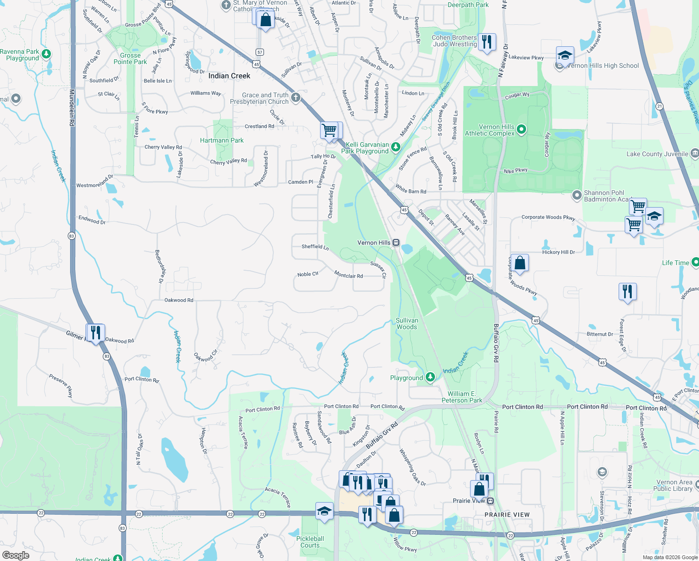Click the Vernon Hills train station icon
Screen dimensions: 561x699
pyautogui.click(x=396, y=243)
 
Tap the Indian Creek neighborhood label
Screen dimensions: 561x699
pyautogui.click(x=229, y=76)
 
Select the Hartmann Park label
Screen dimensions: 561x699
pyautogui.click(x=221, y=140)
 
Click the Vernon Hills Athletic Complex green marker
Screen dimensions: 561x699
pyautogui.click(x=522, y=129)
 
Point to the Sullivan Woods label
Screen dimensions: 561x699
pyautogui.click(x=407, y=324)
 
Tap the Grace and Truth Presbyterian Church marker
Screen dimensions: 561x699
pyautogui.click(x=295, y=98)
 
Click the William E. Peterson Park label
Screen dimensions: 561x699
pyautogui.click(x=462, y=397)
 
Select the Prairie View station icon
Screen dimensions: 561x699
pyautogui.click(x=490, y=501)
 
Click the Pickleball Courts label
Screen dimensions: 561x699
pyautogui.click(x=310, y=542)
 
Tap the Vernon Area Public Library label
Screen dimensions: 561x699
pyautogui.click(x=674, y=485)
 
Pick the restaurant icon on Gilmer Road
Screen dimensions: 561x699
pyautogui.click(x=95, y=333)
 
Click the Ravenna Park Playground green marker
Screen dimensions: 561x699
pyautogui.click(x=46, y=54)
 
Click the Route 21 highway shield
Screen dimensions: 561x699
pyautogui.click(x=659, y=106)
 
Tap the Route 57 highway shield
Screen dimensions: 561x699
pyautogui.click(x=260, y=52)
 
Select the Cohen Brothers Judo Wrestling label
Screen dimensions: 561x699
pyautogui.click(x=454, y=41)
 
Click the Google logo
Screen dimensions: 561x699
pyautogui.click(x=15, y=555)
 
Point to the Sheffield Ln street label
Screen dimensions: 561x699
pyautogui.click(x=315, y=246)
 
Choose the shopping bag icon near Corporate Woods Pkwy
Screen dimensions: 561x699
pyautogui.click(x=520, y=263)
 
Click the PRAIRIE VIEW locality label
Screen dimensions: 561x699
pyautogui.click(x=507, y=515)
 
